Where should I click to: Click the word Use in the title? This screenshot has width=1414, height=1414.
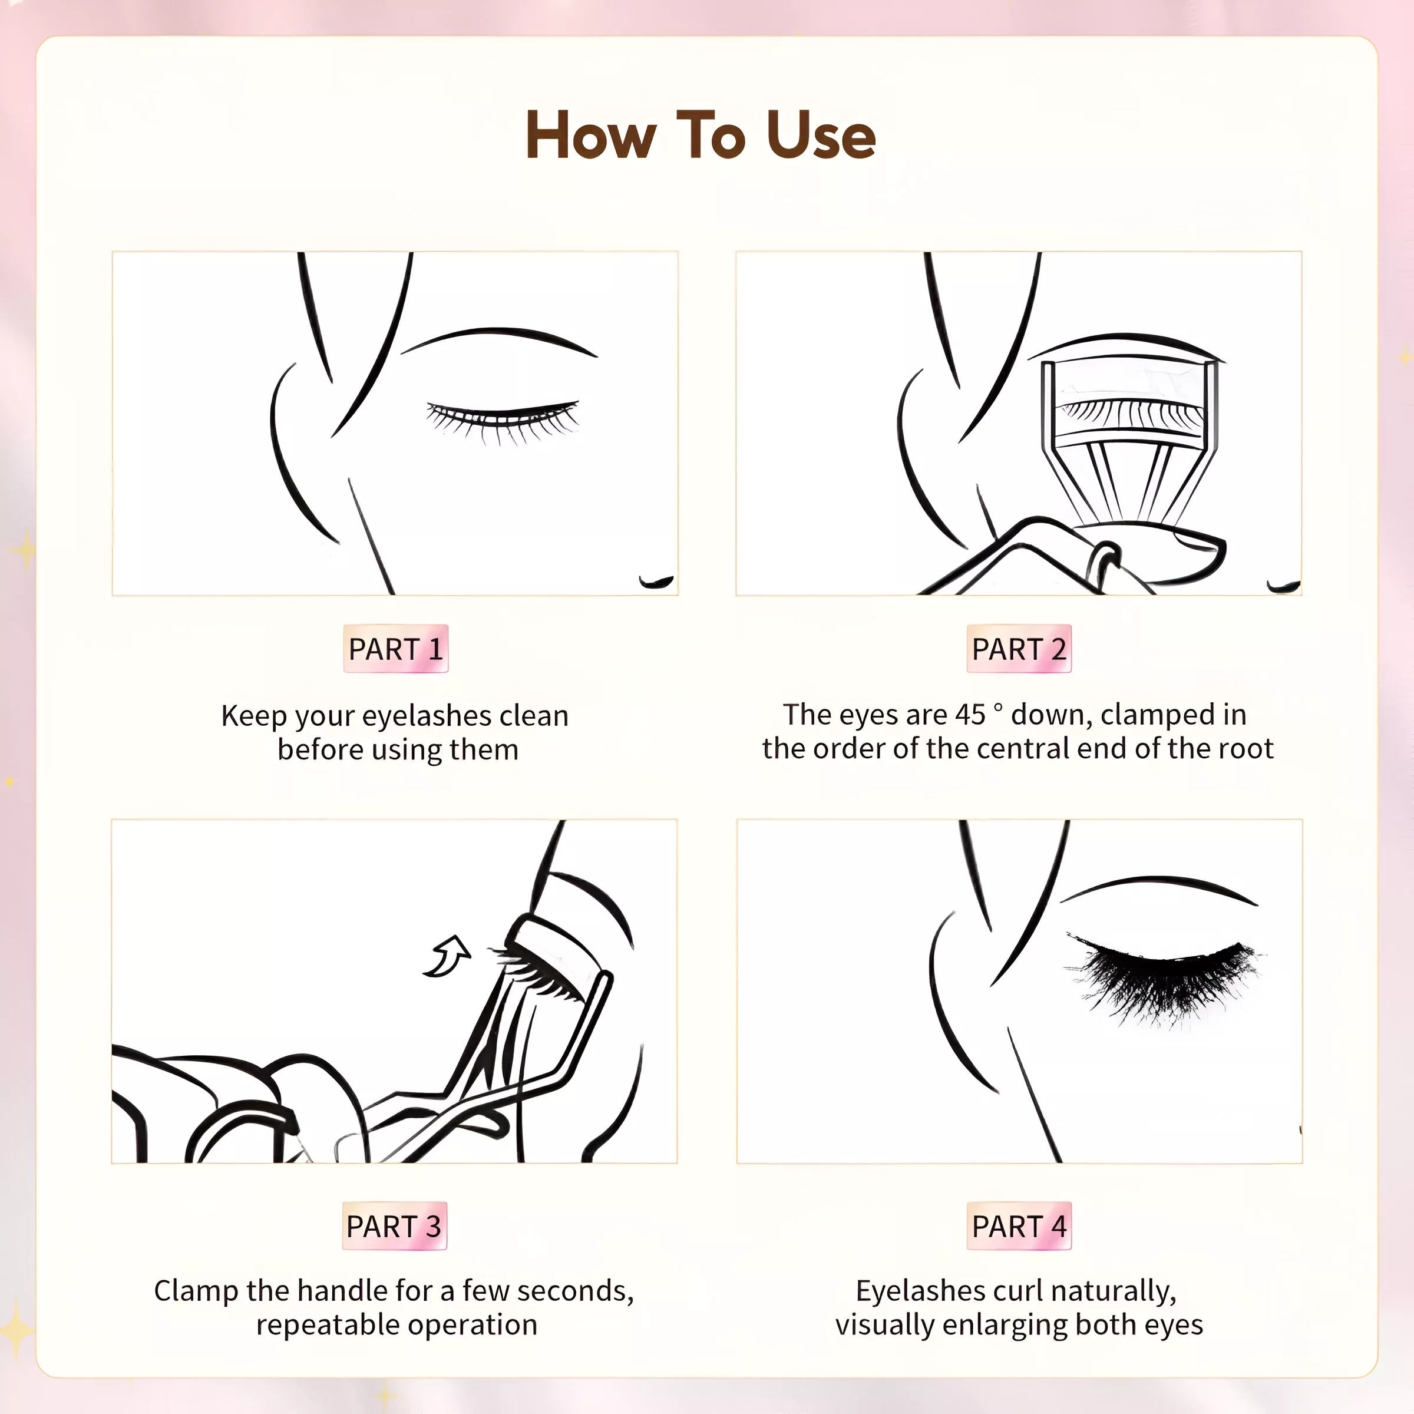click(x=821, y=136)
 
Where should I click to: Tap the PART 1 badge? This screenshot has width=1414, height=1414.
click(x=396, y=649)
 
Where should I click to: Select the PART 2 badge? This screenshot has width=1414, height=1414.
click(x=1019, y=649)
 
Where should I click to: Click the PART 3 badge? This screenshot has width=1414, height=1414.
click(x=395, y=1226)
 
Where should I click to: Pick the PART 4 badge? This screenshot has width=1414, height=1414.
click(x=1019, y=1226)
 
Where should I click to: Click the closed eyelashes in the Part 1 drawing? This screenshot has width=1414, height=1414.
click(x=503, y=422)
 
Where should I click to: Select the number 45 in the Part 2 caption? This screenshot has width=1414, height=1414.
click(x=970, y=714)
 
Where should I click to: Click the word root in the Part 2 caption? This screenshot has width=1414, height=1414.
click(x=1248, y=749)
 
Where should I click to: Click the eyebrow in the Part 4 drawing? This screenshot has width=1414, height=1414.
click(x=1158, y=887)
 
